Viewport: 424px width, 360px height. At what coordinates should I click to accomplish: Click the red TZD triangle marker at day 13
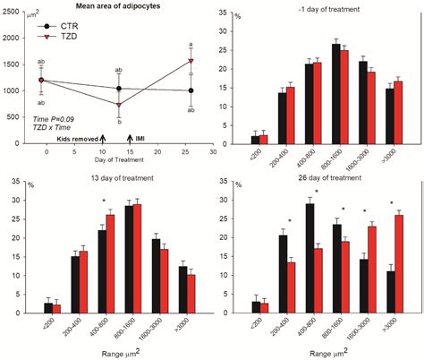pos(119,104)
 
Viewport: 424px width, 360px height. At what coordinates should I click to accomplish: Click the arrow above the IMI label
pos(131,139)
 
